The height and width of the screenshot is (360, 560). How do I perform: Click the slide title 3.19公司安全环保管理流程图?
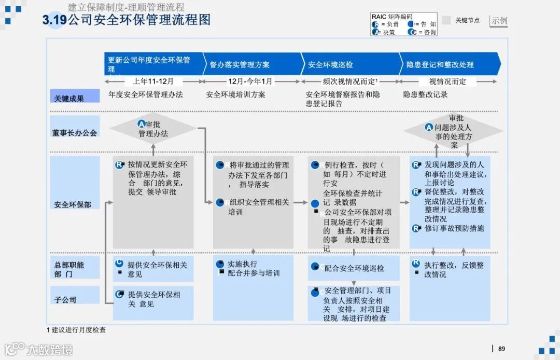127,20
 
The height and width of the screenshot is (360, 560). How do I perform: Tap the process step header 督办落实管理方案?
240,65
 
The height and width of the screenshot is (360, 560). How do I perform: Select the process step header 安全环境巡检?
330,65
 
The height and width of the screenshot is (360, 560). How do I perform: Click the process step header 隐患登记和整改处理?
440,65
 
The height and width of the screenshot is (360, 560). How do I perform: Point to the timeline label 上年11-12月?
153,81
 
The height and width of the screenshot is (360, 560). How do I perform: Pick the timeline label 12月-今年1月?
250,81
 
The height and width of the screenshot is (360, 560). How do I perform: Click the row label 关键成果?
69,98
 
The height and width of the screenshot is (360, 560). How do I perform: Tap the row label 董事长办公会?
75,133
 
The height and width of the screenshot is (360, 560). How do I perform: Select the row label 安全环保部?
73,204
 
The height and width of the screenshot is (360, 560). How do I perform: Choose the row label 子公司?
65,299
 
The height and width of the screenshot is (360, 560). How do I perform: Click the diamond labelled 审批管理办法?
153,129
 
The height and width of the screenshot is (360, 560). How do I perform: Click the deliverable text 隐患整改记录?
425,95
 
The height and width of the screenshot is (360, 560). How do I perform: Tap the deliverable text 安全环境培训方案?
235,95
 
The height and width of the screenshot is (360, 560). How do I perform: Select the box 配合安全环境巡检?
354,268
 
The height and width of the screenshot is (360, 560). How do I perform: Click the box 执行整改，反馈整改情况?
454,269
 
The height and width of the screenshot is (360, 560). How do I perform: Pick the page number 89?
501,349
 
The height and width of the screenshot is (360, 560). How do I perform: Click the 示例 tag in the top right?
499,21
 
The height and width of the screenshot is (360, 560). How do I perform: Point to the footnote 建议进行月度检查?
78,330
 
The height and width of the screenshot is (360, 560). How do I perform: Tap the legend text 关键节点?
467,21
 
